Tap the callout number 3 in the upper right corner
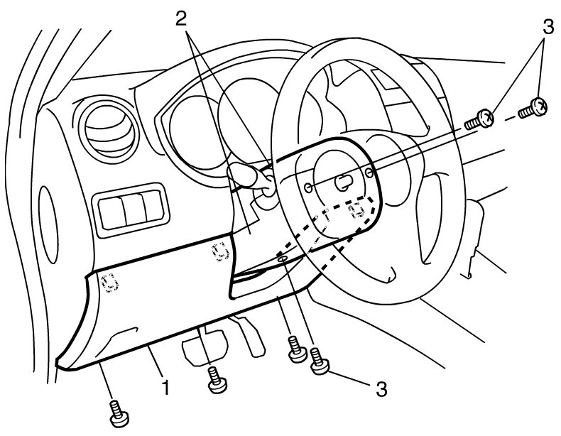pyautogui.click(x=548, y=27)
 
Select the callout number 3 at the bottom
pyautogui.click(x=381, y=389)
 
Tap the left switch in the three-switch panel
pyautogui.click(x=112, y=212)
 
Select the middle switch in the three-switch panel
pyautogui.click(x=134, y=209)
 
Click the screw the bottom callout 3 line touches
pyautogui.click(x=319, y=361)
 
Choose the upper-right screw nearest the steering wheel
pyautogui.click(x=480, y=119)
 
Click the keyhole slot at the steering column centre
pyautogui.click(x=342, y=182)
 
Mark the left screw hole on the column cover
pyautogui.click(x=307, y=187)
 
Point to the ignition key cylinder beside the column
pyautogui.click(x=266, y=189)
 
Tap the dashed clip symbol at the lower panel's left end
pyautogui.click(x=109, y=283)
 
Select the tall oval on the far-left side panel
pyautogui.click(x=48, y=224)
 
